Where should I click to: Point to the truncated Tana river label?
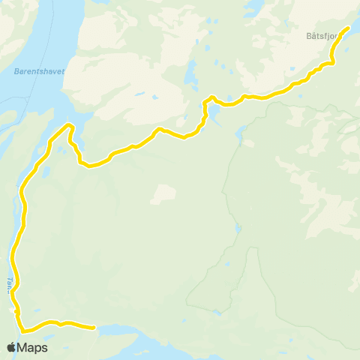click(x=10, y=283)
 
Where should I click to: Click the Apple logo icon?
click(x=12, y=348)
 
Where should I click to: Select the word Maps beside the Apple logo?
click(x=33, y=348)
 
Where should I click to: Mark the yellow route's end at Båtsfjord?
click(x=347, y=28)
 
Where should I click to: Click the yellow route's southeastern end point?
click(x=93, y=327)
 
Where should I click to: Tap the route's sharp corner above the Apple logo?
click(x=23, y=330)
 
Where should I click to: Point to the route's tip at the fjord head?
click(x=69, y=124)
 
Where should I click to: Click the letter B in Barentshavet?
click(x=15, y=73)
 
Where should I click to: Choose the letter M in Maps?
click(x=24, y=348)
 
